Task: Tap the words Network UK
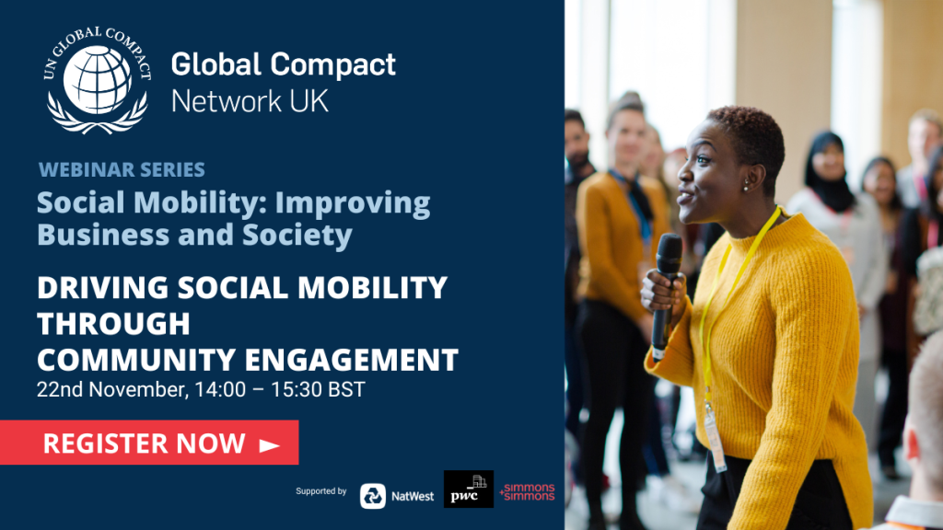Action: click(250, 100)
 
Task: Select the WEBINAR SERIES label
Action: click(122, 170)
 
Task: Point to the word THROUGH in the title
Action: click(113, 324)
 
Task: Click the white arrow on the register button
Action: click(268, 445)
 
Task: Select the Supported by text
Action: click(321, 491)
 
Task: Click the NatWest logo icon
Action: click(373, 496)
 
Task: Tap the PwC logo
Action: click(469, 490)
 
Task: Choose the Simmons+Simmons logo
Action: click(528, 491)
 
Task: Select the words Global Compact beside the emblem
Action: click(284, 65)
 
